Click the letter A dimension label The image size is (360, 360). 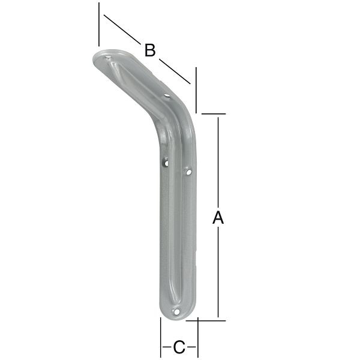pyautogui.click(x=218, y=218)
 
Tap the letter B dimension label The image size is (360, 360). pyautogui.click(x=150, y=50)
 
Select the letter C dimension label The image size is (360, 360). pyautogui.click(x=179, y=346)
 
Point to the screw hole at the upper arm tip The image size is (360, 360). pyautogui.click(x=109, y=60)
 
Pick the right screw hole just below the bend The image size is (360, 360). pyautogui.click(x=188, y=172)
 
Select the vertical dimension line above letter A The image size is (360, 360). pyautogui.click(x=218, y=162)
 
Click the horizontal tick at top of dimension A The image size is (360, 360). pyautogui.click(x=213, y=113)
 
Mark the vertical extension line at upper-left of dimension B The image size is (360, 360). pyautogui.click(x=98, y=24)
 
